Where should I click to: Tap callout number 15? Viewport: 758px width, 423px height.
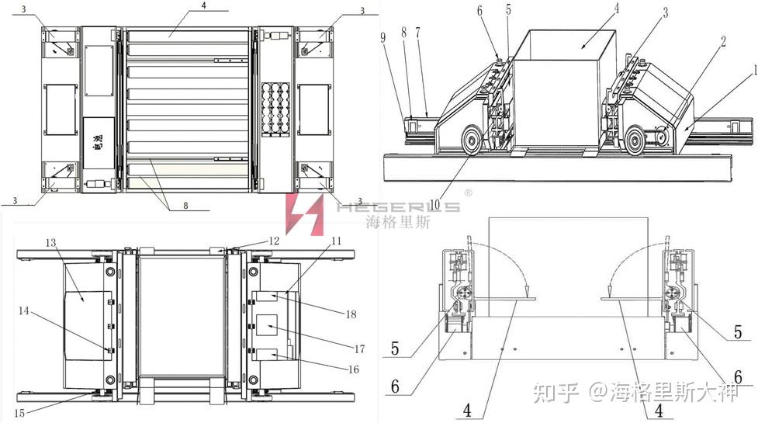(19, 412)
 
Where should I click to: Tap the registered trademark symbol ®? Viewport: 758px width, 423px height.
(469, 191)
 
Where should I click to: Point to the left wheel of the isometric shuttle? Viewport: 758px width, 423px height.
(470, 141)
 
